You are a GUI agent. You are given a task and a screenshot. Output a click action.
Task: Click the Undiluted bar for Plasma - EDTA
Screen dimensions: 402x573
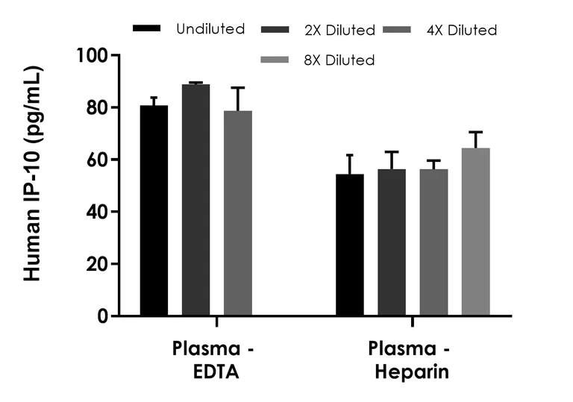(154, 210)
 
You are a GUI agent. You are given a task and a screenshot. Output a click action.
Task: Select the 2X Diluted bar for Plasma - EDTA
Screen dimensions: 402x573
(195, 200)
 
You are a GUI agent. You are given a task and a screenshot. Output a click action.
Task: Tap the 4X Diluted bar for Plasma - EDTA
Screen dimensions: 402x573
(238, 213)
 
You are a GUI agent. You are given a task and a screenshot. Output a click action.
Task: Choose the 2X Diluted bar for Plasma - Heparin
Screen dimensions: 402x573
(391, 242)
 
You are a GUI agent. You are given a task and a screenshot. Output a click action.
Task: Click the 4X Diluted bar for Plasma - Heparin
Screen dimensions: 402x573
(433, 242)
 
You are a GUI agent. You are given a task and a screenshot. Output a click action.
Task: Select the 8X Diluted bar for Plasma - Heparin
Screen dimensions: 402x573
(475, 232)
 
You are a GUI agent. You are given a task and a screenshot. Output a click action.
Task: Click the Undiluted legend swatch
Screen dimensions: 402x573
(146, 29)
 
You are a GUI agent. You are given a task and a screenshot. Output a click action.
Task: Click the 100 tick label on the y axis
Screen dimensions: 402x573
(93, 56)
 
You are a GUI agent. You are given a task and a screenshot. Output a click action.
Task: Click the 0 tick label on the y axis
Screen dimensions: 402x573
(102, 316)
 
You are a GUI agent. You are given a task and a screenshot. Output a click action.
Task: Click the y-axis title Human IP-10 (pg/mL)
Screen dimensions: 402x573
(31, 173)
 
